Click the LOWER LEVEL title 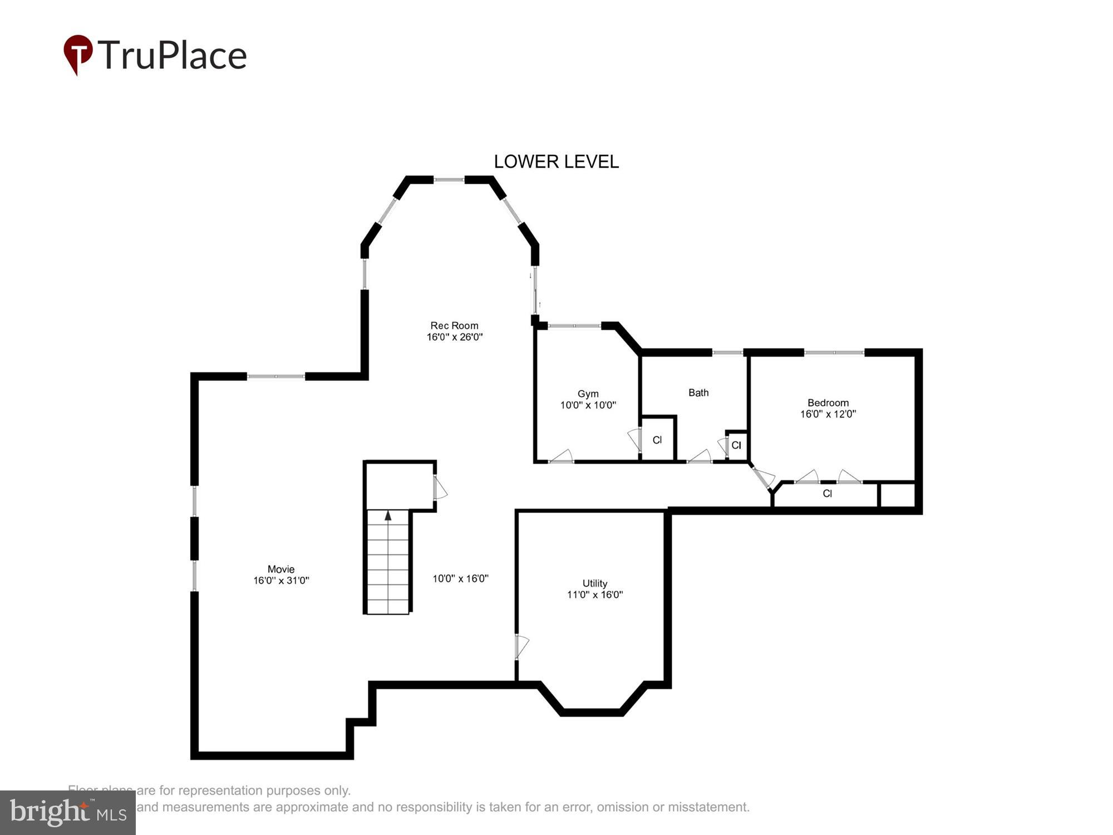(556, 162)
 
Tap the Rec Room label (454, 326)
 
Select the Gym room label (588, 394)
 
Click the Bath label (698, 393)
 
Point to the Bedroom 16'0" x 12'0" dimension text (828, 414)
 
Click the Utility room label (594, 583)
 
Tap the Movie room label (281, 569)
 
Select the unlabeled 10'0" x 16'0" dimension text (460, 579)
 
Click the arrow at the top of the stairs (388, 516)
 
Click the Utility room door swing (522, 646)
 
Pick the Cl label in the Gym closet (657, 440)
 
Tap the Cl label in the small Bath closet (736, 445)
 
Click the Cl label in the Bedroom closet (827, 494)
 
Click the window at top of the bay (449, 180)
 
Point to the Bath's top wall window (727, 352)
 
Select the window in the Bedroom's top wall (834, 352)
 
